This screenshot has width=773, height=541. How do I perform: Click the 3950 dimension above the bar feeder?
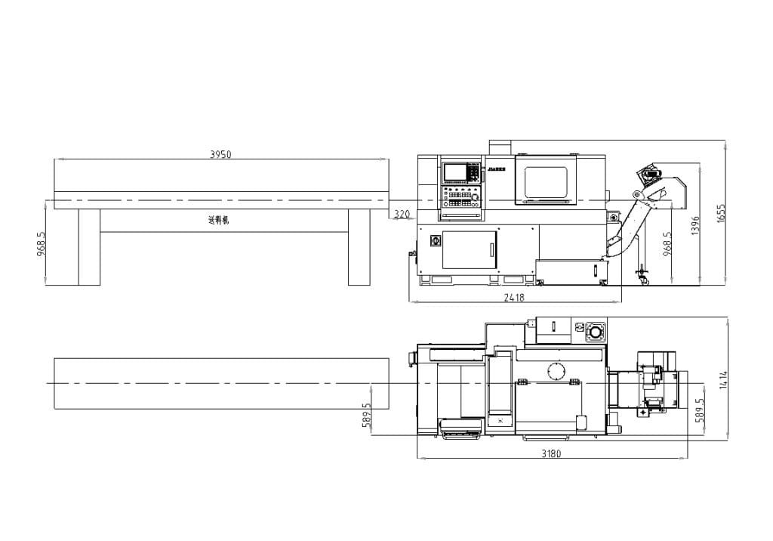click(220, 154)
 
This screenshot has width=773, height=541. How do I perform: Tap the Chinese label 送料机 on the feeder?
click(218, 221)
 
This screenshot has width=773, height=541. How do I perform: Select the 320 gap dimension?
click(402, 215)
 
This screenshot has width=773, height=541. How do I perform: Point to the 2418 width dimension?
click(514, 298)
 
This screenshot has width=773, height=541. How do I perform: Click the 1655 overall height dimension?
click(721, 212)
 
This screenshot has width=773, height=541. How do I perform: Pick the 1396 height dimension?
click(695, 225)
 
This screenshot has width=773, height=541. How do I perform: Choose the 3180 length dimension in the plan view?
click(552, 454)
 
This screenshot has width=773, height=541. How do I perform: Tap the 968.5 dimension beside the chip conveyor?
click(667, 244)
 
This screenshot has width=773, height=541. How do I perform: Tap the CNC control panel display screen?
click(455, 172)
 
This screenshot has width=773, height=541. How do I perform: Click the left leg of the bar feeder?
click(89, 247)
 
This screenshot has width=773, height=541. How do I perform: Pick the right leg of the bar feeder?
click(359, 247)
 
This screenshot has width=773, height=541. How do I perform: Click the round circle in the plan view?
click(556, 371)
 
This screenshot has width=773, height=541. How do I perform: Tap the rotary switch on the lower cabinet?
click(435, 241)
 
